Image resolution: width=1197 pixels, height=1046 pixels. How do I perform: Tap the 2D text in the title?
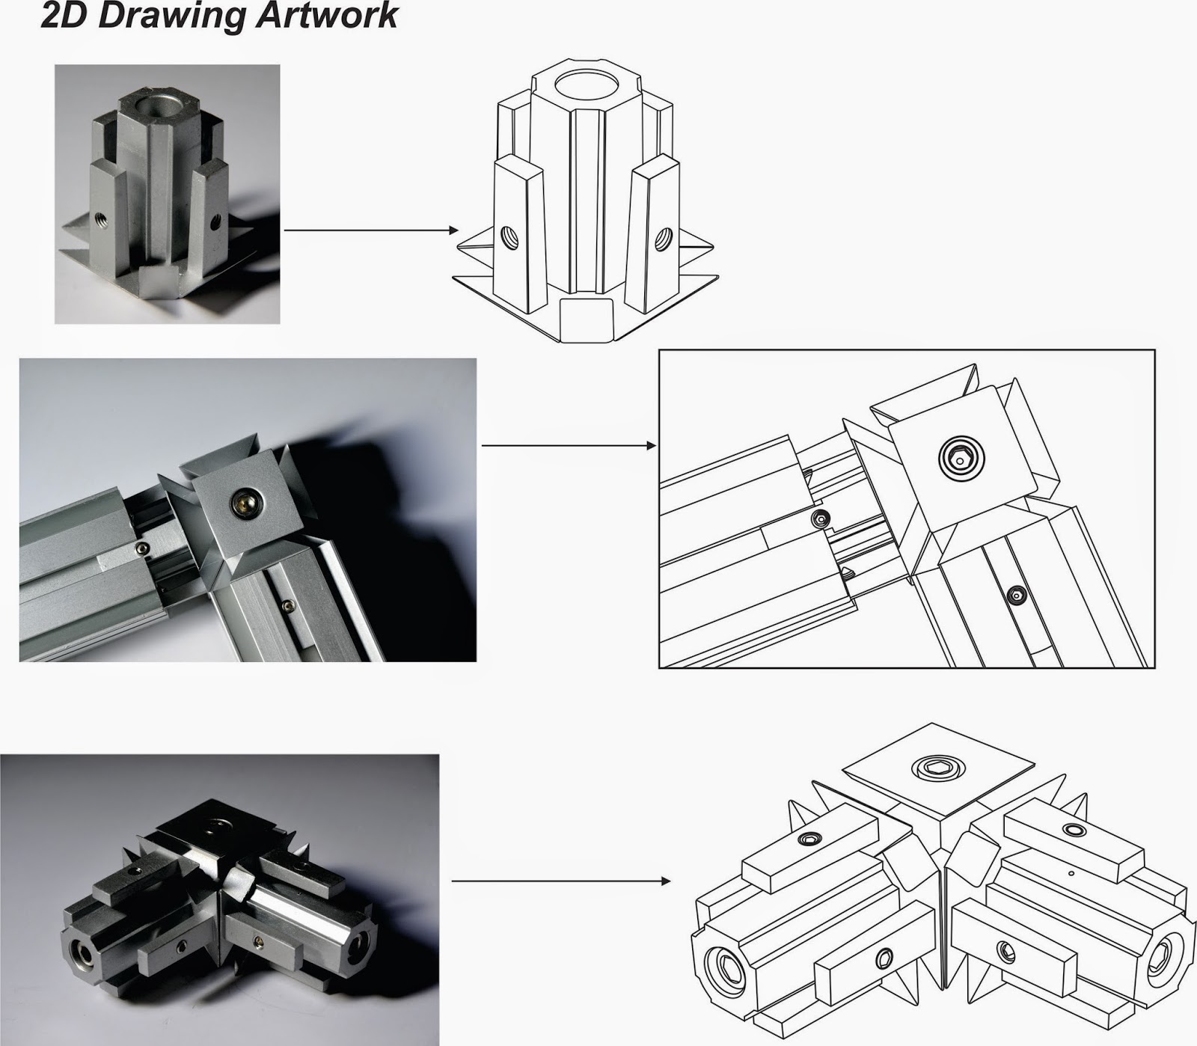[x=66, y=16]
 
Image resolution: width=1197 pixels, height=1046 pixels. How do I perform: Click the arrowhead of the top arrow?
[x=452, y=231]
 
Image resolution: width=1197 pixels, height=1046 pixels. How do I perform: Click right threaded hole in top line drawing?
[x=661, y=239]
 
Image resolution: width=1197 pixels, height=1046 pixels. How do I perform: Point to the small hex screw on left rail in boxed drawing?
[x=822, y=519]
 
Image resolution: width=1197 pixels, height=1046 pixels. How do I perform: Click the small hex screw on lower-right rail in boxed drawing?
[x=1014, y=595]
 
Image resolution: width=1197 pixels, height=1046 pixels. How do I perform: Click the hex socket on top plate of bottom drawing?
[x=932, y=767]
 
